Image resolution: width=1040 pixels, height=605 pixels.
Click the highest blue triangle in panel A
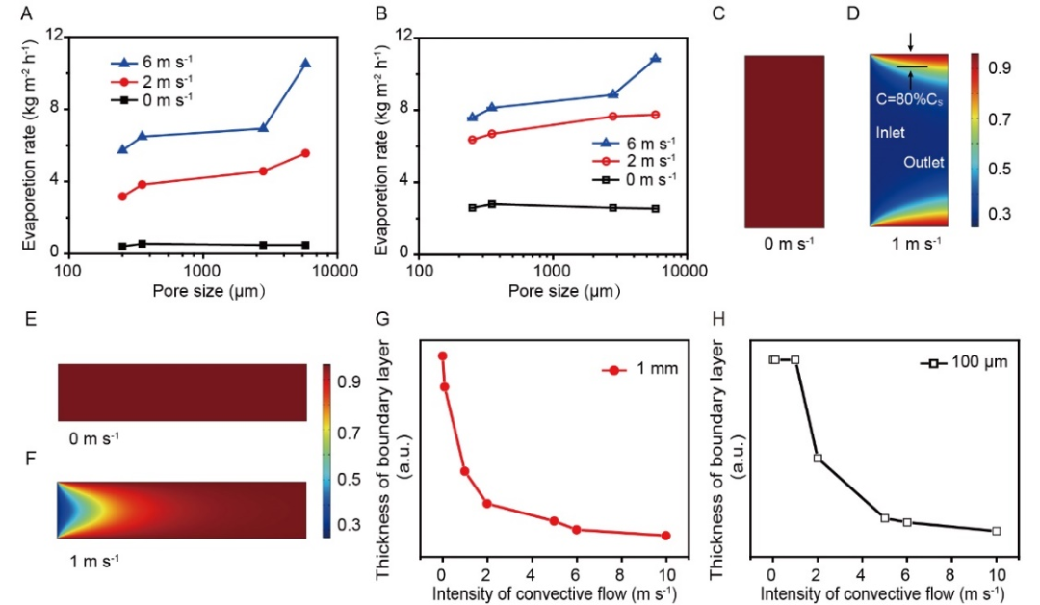305,63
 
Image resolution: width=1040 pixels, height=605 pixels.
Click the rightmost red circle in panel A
305,153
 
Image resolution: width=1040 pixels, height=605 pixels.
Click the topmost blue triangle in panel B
656,58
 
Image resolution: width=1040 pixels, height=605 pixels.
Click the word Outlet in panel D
923,162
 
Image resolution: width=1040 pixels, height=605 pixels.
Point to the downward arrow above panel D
910,41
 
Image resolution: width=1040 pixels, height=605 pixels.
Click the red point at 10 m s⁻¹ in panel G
666,536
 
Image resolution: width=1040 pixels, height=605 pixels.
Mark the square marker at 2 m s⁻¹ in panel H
818,458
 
